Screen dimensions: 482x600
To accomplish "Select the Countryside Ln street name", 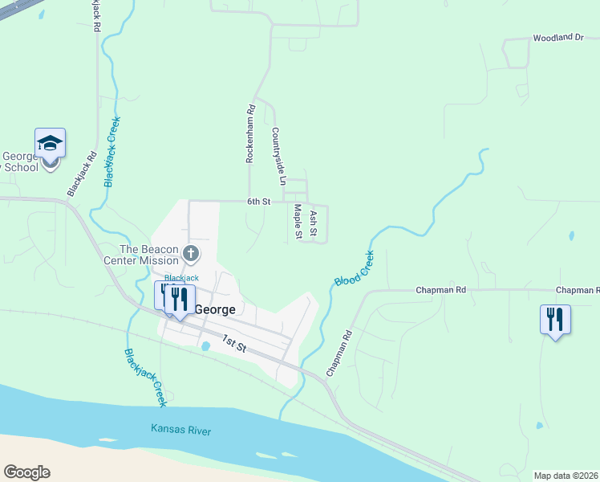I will click(278, 157).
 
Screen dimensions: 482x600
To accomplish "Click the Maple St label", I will click(297, 221).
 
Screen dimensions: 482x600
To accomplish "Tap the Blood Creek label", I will click(354, 268).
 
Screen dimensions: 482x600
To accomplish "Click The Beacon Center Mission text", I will click(140, 255).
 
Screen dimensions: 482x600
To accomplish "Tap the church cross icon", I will click(191, 254).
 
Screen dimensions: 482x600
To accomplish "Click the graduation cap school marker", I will click(50, 143).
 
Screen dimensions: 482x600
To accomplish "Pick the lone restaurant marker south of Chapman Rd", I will click(555, 320).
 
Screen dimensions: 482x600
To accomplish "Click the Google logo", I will click(26, 472).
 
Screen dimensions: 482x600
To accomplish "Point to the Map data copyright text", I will click(566, 476).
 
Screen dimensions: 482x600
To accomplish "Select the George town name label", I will click(214, 309).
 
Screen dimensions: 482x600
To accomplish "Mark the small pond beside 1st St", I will click(206, 346).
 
